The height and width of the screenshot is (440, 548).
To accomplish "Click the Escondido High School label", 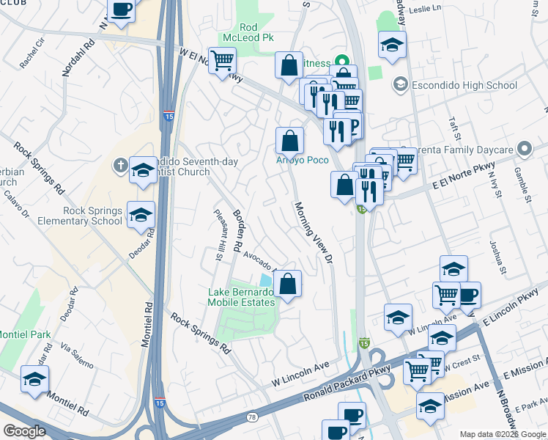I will (x=465, y=85).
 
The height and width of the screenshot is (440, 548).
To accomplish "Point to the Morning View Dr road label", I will (x=314, y=233).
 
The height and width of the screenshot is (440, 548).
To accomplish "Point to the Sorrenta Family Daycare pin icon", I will (x=523, y=149).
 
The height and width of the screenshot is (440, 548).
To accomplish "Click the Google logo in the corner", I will (x=25, y=431).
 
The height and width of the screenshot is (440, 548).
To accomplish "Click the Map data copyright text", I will (x=503, y=434).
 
